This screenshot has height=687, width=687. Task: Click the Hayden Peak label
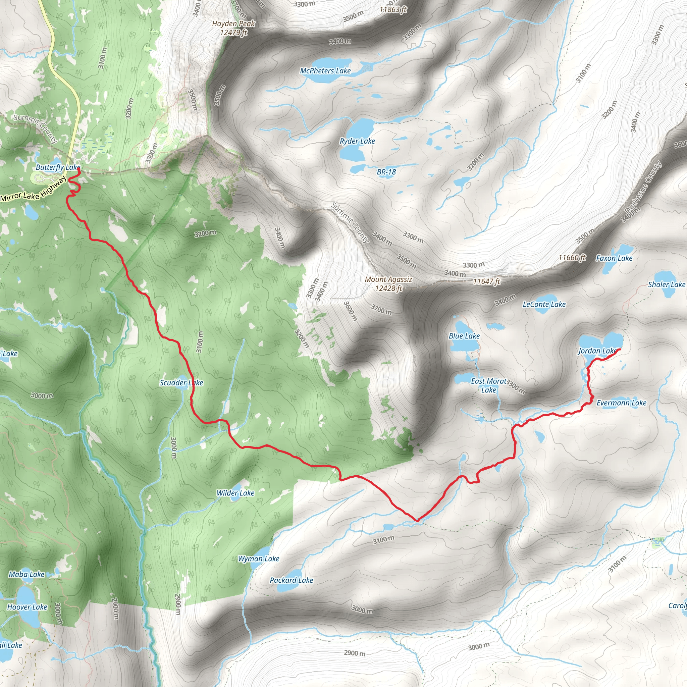click(x=233, y=28)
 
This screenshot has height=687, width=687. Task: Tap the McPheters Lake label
click(x=325, y=71)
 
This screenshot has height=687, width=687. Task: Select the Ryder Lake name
click(x=357, y=141)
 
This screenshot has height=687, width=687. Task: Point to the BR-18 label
click(x=386, y=172)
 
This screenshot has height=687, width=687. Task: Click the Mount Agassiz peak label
click(x=388, y=284)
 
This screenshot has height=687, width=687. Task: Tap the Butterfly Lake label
click(x=58, y=167)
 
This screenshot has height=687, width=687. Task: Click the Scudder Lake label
click(x=181, y=383)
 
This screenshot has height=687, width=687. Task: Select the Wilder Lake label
click(x=235, y=493)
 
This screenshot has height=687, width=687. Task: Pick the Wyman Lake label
click(x=259, y=559)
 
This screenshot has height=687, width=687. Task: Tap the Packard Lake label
click(x=291, y=580)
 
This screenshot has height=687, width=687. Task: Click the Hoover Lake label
click(x=27, y=606)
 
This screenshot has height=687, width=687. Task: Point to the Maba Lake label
click(x=27, y=574)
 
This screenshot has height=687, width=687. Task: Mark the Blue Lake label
click(x=464, y=336)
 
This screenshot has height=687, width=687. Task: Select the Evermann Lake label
click(x=621, y=403)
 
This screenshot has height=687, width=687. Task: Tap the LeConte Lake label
click(x=544, y=304)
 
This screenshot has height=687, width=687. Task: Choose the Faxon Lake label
click(x=614, y=258)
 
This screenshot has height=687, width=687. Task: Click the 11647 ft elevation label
click(x=486, y=282)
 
